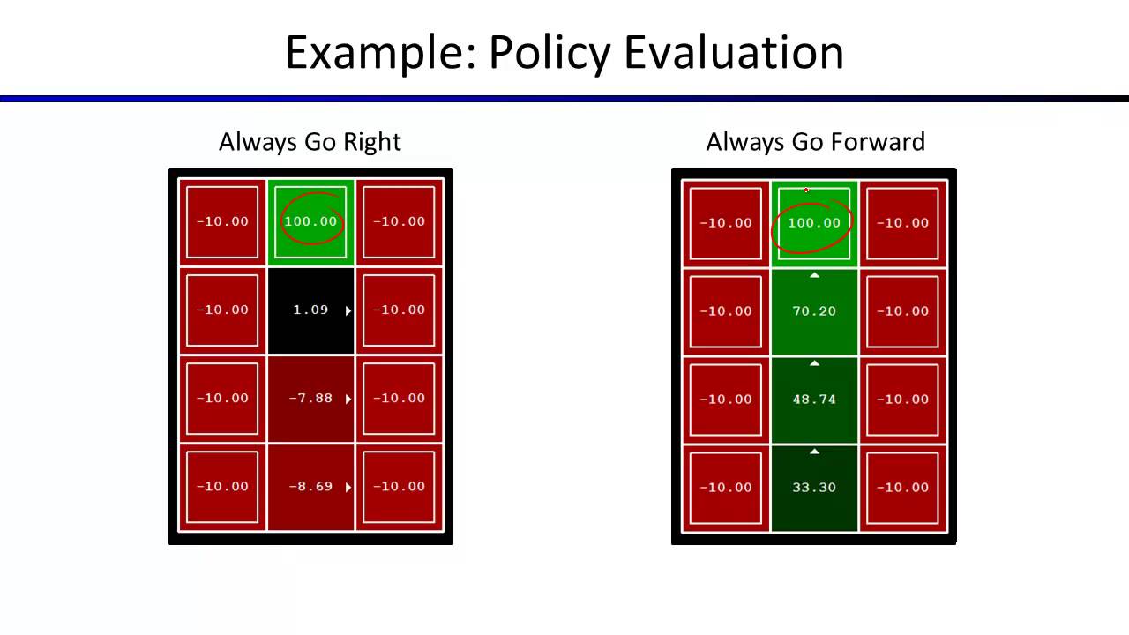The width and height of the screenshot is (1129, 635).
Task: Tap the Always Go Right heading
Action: point(310,142)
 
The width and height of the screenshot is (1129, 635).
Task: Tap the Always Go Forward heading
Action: point(815,142)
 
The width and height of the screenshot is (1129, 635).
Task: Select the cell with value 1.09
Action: point(310,310)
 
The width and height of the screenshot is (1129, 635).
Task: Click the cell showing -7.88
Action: point(310,399)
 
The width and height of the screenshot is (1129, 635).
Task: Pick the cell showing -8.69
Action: point(310,487)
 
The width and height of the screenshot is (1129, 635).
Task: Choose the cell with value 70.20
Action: point(814,311)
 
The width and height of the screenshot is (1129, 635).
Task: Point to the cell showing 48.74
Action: point(814,400)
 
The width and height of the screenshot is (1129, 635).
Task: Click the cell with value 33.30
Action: point(814,488)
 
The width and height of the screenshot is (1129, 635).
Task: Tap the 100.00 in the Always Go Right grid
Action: point(310,221)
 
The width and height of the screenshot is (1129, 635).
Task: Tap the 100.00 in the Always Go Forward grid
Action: point(814,223)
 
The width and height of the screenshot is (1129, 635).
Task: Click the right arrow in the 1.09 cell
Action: point(348,310)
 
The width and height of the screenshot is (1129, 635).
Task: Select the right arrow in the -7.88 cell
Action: point(348,399)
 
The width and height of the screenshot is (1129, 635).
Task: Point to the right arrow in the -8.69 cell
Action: point(348,487)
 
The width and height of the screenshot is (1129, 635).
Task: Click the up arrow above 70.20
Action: point(814,275)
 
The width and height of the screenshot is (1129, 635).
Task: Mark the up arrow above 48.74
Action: point(814,363)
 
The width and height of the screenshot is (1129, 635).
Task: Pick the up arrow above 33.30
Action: point(814,452)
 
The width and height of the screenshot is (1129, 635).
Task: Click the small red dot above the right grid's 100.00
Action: point(806,190)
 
